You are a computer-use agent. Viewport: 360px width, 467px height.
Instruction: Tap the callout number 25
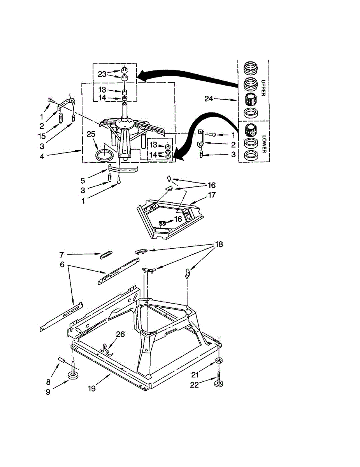pos(91,134)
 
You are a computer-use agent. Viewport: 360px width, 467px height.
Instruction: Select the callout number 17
pos(212,195)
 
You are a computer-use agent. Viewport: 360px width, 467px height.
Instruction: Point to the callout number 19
pos(91,388)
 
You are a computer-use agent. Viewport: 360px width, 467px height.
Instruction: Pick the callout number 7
pos(61,255)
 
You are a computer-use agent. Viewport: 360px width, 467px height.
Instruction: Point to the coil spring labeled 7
pos(105,255)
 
